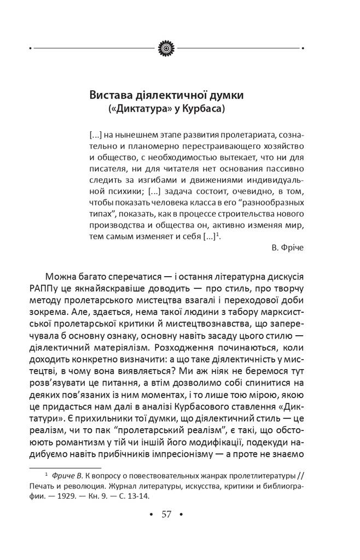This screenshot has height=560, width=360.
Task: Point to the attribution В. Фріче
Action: tap(287, 247)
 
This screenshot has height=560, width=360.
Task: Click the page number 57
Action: tap(166, 515)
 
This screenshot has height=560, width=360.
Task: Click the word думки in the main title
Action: tap(224, 95)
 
